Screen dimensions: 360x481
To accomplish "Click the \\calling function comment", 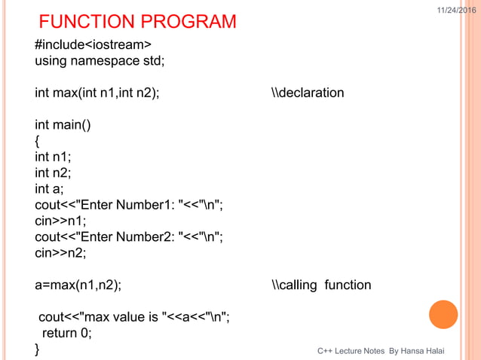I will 321,285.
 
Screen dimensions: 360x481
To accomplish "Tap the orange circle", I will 443,314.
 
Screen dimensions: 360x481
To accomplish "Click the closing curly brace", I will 37,349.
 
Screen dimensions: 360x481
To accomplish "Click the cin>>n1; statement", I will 60,221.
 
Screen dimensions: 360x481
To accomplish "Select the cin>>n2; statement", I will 60,253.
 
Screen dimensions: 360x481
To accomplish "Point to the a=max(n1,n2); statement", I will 78,285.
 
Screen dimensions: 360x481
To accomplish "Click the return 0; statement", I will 66,333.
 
